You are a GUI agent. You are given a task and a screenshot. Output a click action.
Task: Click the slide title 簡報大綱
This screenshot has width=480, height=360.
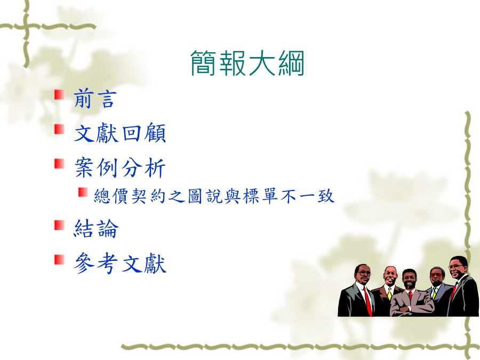coord(247,63)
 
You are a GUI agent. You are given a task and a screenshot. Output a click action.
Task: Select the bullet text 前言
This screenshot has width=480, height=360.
coord(95,99)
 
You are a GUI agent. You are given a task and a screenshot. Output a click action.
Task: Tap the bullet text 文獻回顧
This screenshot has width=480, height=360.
coord(120,133)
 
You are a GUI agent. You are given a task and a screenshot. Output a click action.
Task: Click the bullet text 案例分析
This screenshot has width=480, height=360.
coord(120,167)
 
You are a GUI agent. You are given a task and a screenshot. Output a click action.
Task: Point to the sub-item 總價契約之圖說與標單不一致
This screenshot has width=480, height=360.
coord(214,196)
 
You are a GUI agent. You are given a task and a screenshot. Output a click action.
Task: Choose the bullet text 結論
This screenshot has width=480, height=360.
coord(96,229)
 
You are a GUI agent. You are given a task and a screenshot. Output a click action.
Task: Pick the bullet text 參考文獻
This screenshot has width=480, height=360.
coord(120,263)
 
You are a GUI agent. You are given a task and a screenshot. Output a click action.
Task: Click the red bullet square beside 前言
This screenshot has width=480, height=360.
coord(59,94)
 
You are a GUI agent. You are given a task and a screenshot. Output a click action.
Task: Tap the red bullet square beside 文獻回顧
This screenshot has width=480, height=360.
coord(59,129)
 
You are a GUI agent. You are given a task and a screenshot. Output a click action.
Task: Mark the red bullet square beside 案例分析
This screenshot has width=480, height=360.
coord(59,164)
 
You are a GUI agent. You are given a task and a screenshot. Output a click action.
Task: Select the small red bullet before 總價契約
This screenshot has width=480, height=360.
coord(83,192)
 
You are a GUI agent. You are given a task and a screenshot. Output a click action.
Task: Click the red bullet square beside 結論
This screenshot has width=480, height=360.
coord(59,225)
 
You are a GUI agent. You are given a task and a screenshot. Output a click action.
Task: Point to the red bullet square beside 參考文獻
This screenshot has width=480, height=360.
coord(59,259)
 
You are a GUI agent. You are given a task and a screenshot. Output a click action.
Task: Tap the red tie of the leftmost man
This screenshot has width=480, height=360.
coord(367,301)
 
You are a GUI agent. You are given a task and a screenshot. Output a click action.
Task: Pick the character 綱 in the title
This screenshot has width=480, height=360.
coord(291,63)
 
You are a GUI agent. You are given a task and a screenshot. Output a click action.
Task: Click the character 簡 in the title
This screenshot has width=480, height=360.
coord(203,63)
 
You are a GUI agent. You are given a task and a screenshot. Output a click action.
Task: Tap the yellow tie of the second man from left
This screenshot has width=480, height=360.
coord(389,294)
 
